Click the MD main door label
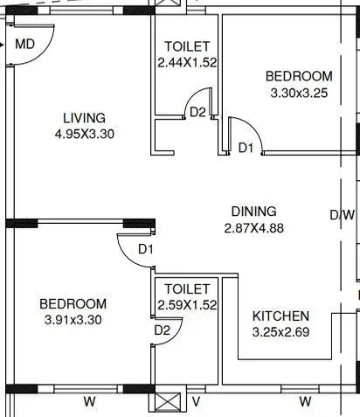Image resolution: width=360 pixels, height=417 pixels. coord(25,44)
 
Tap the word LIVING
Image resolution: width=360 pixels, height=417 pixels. coord(84,118)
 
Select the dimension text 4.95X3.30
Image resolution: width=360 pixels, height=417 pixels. coord(84,135)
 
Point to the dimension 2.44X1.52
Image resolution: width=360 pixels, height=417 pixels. coord(186,63)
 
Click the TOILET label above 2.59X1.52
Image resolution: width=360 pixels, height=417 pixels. coord(187,288)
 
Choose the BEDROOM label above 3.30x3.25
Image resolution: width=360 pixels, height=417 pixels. coord(299,77)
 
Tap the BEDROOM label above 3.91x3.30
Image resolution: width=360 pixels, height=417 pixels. coord(73,303)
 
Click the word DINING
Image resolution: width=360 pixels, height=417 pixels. coord(253,212)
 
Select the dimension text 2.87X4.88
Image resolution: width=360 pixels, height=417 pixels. coord(253,228)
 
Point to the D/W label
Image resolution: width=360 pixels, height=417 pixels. coord(342,215)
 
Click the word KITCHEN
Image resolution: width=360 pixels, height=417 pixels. coord(280,316)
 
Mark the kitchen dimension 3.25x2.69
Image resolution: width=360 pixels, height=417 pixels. coord(280,332)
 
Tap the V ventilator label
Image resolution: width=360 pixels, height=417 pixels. coord(196,402)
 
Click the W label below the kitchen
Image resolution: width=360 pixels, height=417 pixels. coord(305,402)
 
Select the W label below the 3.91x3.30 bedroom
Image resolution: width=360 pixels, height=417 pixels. coord(89,402)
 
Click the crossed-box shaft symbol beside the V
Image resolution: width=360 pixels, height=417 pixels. coord(167,403)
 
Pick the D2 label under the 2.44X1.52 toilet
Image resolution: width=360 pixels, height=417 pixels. coord(197,112)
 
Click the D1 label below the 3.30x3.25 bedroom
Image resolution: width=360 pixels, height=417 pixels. coord(246,149)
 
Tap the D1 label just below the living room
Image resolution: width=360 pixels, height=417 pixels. coord(146,250)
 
